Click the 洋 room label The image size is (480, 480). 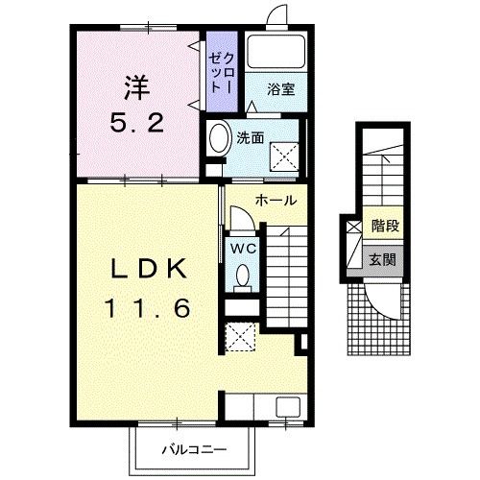tap(137, 87)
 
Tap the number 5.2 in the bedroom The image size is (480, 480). tap(137, 123)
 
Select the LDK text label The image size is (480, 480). tap(149, 268)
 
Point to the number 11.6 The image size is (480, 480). tap(148, 308)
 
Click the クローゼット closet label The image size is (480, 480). tap(222, 73)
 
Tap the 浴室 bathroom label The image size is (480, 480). tap(281, 89)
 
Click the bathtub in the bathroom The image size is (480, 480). tap(276, 52)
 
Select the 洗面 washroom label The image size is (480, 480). tap(251, 138)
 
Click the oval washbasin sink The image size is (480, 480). tap(220, 138)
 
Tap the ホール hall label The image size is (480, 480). tap(276, 201)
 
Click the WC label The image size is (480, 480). tap(244, 249)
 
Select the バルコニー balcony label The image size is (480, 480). tap(194, 450)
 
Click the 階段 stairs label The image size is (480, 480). tap(385, 226)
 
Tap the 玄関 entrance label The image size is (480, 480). tap(383, 259)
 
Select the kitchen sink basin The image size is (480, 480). tap(288, 406)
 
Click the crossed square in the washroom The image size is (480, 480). tap(284, 156)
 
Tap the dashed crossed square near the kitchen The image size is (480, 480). tap(240, 337)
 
